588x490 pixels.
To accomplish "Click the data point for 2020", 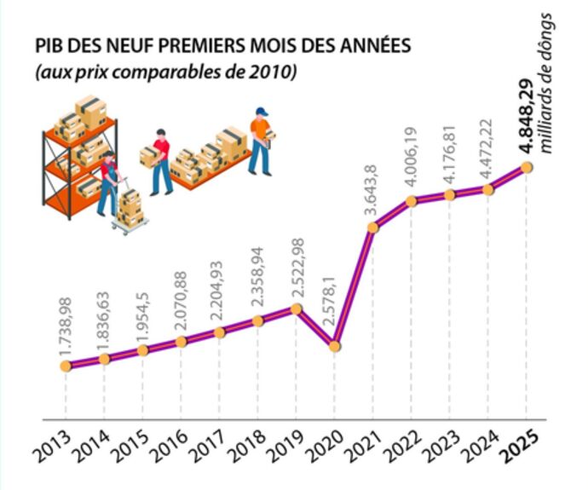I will (x=335, y=347).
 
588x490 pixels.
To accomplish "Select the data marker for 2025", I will (x=527, y=167).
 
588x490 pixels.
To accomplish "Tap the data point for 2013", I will (x=66, y=366).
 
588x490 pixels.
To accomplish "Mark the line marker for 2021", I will (x=372, y=228).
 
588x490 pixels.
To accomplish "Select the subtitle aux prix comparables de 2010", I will (x=166, y=73).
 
